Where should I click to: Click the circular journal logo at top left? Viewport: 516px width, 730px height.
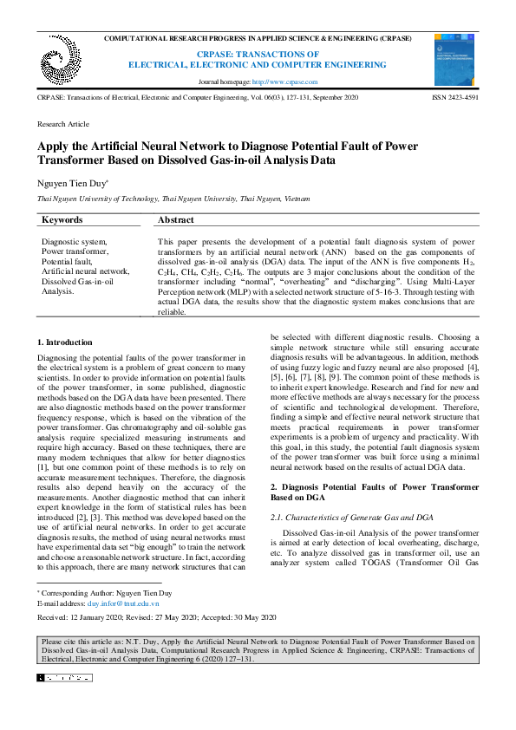click(60, 58)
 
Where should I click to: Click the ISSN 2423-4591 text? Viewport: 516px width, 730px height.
click(454, 98)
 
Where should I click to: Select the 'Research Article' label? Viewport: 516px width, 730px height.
click(63, 125)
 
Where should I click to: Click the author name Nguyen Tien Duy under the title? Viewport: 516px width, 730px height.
click(72, 184)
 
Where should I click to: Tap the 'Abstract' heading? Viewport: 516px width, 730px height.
click(175, 220)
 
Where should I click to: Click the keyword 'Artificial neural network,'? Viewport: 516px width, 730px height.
click(86, 270)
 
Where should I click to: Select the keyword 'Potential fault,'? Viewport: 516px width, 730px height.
click(66, 261)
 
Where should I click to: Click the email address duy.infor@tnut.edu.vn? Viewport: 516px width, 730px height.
click(123, 603)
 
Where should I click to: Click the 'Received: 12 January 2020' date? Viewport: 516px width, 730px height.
click(89, 617)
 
